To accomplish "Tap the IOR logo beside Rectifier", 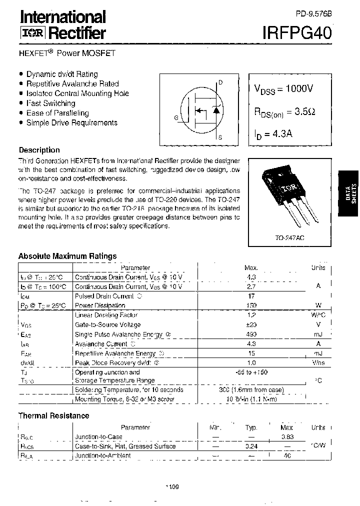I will coord(32,33).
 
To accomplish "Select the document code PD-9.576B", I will coord(313,14).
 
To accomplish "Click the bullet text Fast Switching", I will coord(50,103).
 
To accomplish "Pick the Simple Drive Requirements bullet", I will coord(71,122).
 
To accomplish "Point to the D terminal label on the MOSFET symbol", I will coord(220,82).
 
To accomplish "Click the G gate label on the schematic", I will coord(176,117).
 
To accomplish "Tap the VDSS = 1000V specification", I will coord(283,88).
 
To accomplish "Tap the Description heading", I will coord(39,150).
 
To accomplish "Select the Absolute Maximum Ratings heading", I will coord(67,256).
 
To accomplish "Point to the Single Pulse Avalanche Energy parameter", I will coord(120,334).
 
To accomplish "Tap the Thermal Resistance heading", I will coord(54,415).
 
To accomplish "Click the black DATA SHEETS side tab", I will coord(349,193).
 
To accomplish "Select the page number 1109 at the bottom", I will coord(171,487).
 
